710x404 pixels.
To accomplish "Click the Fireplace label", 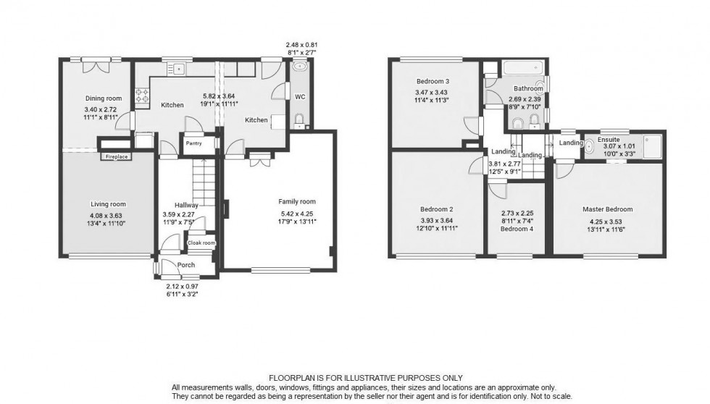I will pos(116,156).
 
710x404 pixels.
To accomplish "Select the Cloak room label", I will pos(202,243).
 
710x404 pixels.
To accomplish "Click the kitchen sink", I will pos(177,69).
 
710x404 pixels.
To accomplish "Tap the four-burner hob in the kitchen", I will pos(143,96).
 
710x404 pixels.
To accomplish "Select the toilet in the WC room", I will pos(299,119).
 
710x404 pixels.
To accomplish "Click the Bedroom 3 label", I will pos(433,81).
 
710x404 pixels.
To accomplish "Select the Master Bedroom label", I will pos(608,210).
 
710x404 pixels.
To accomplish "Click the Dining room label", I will pos(103,98).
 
